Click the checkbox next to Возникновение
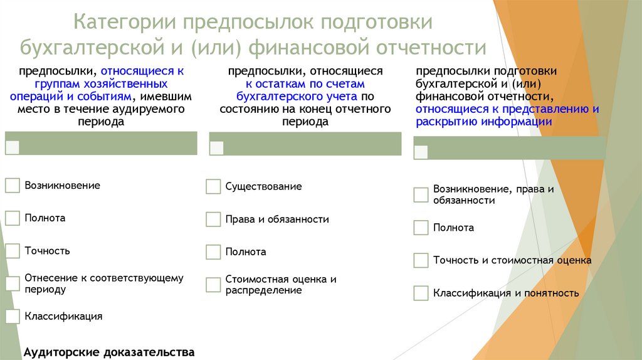[13, 186]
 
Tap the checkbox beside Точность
[13, 251]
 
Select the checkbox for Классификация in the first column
[13, 316]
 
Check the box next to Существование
[213, 187]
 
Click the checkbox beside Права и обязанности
[213, 220]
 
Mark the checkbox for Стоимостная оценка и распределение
[213, 285]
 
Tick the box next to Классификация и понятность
[421, 293]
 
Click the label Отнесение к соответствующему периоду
[103, 283]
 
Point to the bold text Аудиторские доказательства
[108, 352]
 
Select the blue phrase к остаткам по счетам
[305, 83]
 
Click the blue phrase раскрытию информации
[483, 122]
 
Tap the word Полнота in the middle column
[246, 252]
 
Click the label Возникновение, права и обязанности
[493, 194]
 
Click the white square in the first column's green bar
[13, 147]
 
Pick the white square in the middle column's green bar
[217, 148]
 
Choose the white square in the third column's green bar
[421, 152]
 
